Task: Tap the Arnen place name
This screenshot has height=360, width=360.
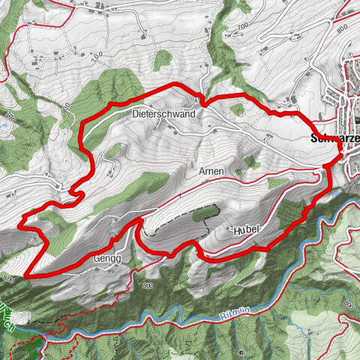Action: (x=211, y=172)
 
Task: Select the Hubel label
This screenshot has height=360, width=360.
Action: (x=244, y=229)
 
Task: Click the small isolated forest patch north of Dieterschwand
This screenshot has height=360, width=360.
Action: (x=162, y=58)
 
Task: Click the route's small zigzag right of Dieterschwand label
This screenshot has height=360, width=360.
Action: (x=202, y=100)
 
